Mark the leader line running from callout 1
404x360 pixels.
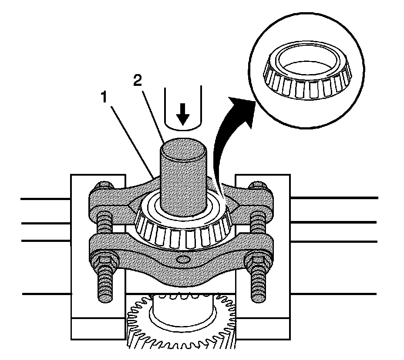tap(131, 139)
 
